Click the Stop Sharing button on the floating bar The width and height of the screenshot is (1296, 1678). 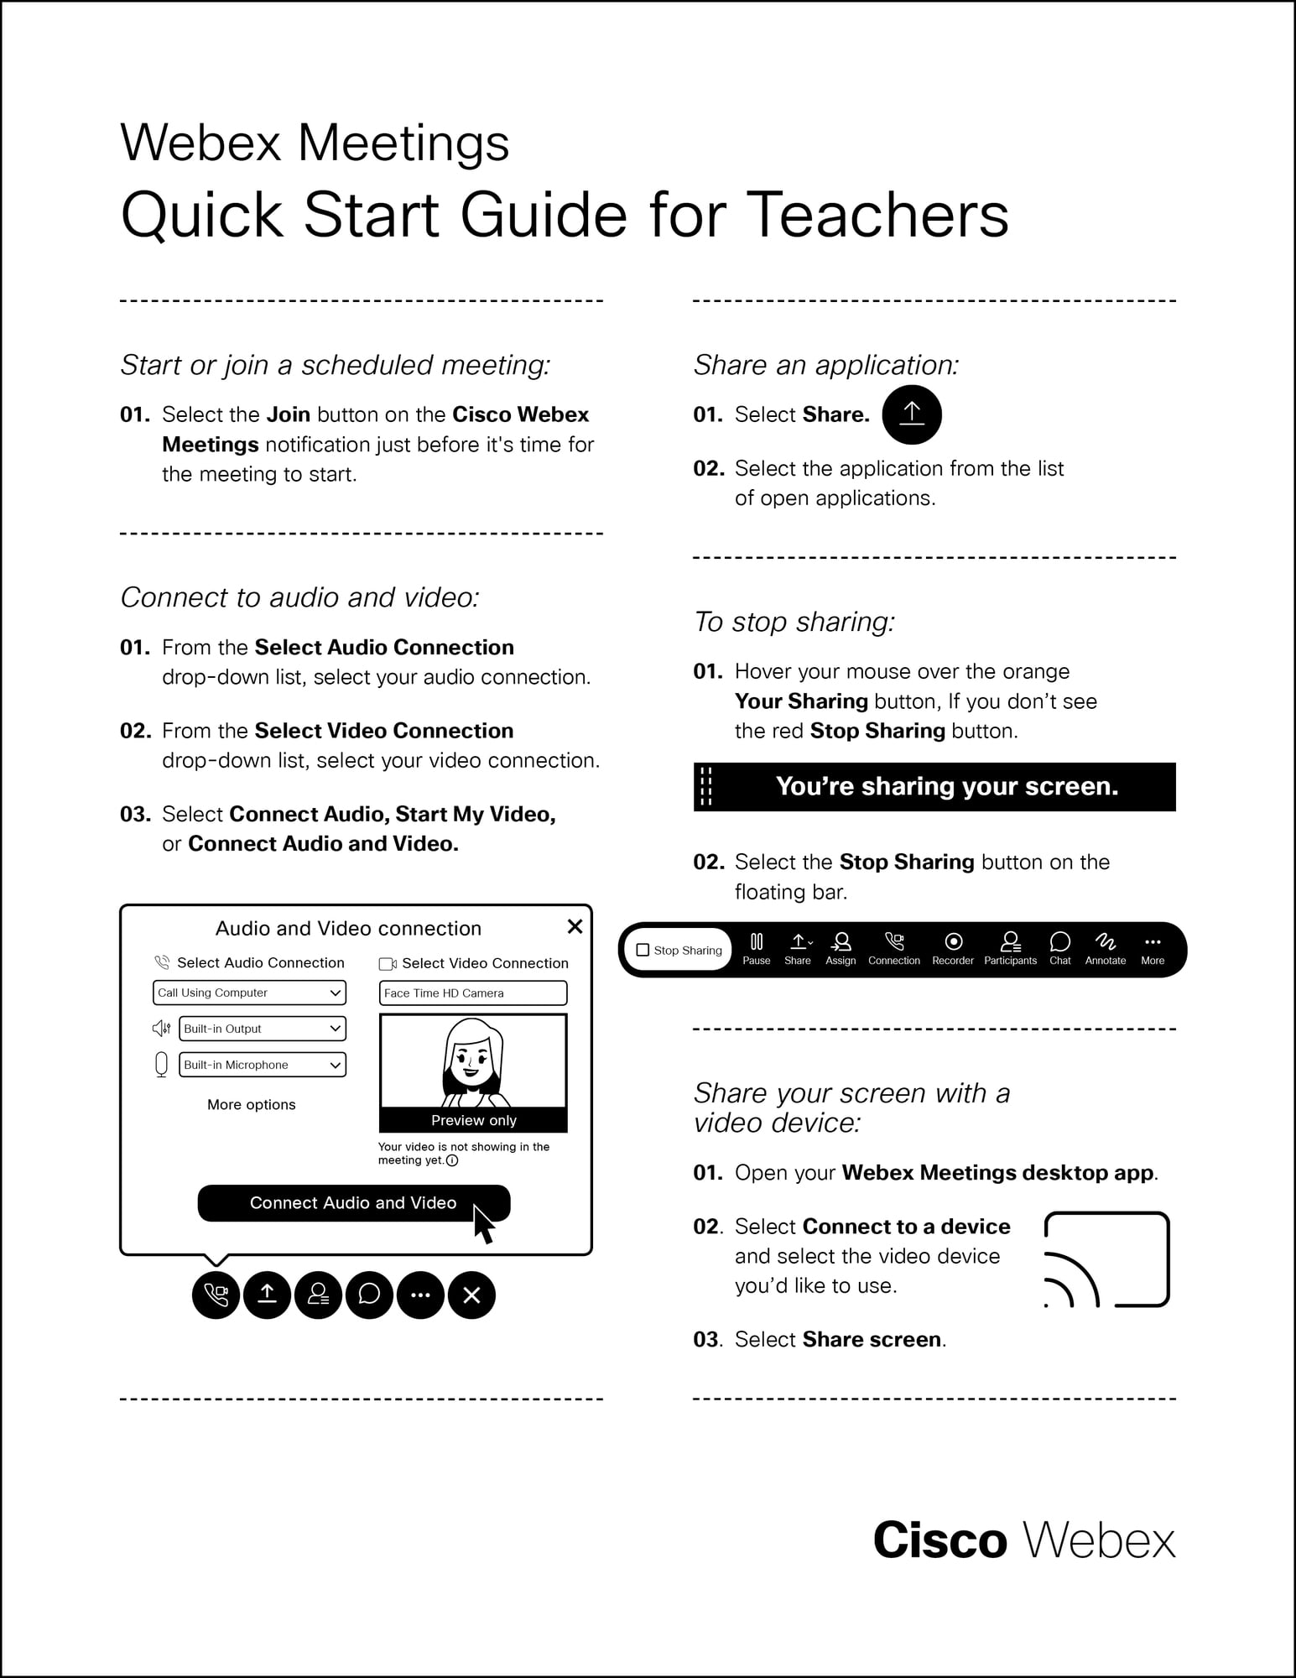point(679,950)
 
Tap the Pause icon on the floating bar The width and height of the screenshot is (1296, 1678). point(756,948)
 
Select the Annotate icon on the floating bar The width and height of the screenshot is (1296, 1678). point(1105,948)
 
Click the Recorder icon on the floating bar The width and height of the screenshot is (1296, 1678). point(953,948)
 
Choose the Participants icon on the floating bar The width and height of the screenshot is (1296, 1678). point(1010,948)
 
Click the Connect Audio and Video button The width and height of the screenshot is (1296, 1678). point(353,1202)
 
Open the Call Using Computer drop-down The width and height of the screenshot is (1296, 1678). point(249,993)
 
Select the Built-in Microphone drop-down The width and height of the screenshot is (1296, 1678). point(263,1065)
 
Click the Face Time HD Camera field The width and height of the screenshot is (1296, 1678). point(473,993)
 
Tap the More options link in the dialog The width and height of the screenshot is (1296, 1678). point(252,1104)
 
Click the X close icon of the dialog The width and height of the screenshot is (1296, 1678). point(575,926)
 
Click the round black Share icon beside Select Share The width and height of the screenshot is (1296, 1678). point(912,414)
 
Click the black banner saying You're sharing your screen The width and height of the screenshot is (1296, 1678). point(934,786)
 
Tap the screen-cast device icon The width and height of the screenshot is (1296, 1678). point(1106,1259)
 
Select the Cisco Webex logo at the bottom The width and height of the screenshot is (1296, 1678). point(1024,1540)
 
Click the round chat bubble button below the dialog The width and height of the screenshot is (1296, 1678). point(369,1295)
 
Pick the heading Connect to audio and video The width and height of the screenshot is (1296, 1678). point(299,597)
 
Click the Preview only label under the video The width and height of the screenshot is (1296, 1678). point(473,1120)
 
